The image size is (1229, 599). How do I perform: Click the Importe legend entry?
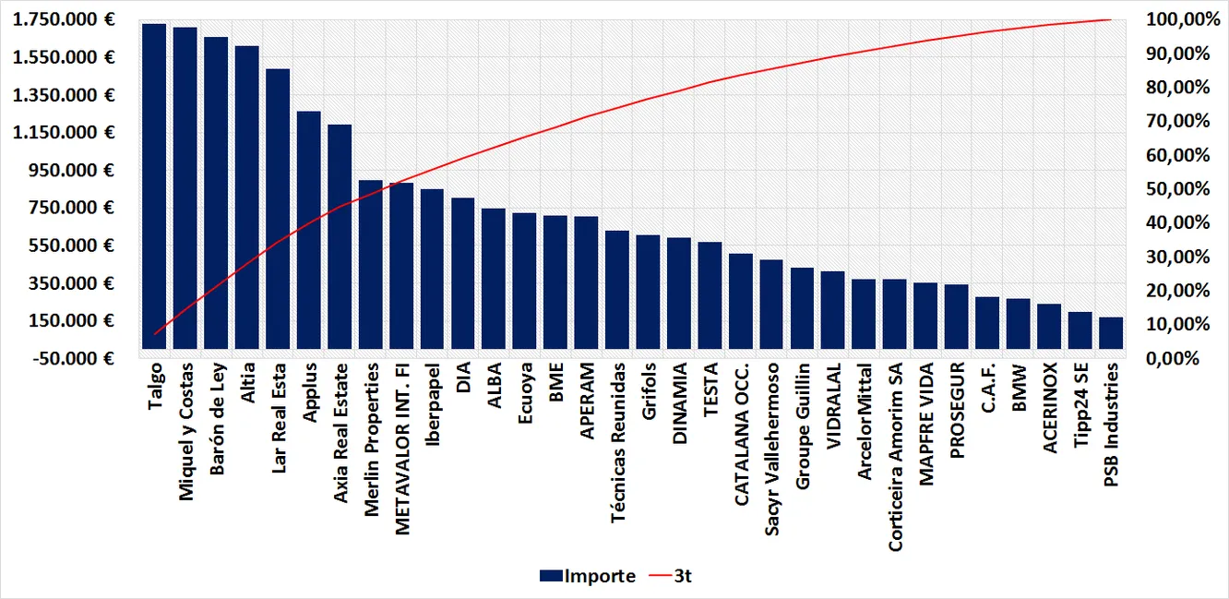coord(588,576)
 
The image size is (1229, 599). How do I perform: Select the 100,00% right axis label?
coord(1174,19)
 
